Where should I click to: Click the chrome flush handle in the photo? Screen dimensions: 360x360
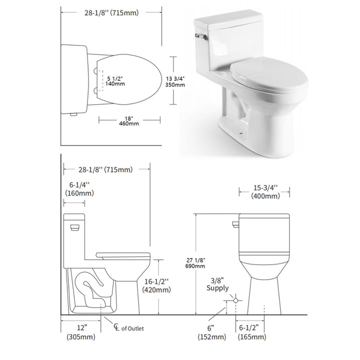pos(200,36)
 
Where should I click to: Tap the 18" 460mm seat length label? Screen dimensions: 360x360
pos(129,121)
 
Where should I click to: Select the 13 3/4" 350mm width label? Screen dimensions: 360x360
pos(175,81)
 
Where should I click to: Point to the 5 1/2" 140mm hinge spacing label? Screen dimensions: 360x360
pos(115,81)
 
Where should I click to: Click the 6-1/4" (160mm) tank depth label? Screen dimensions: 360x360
pos(79,189)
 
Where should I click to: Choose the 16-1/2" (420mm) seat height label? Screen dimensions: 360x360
pos(156,285)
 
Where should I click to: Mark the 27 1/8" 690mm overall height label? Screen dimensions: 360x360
pos(195,263)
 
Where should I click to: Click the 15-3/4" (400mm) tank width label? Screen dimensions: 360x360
pos(265,192)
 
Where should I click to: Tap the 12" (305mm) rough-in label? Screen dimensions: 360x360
pos(81,332)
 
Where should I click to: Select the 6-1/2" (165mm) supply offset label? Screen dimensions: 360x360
pos(252,332)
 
